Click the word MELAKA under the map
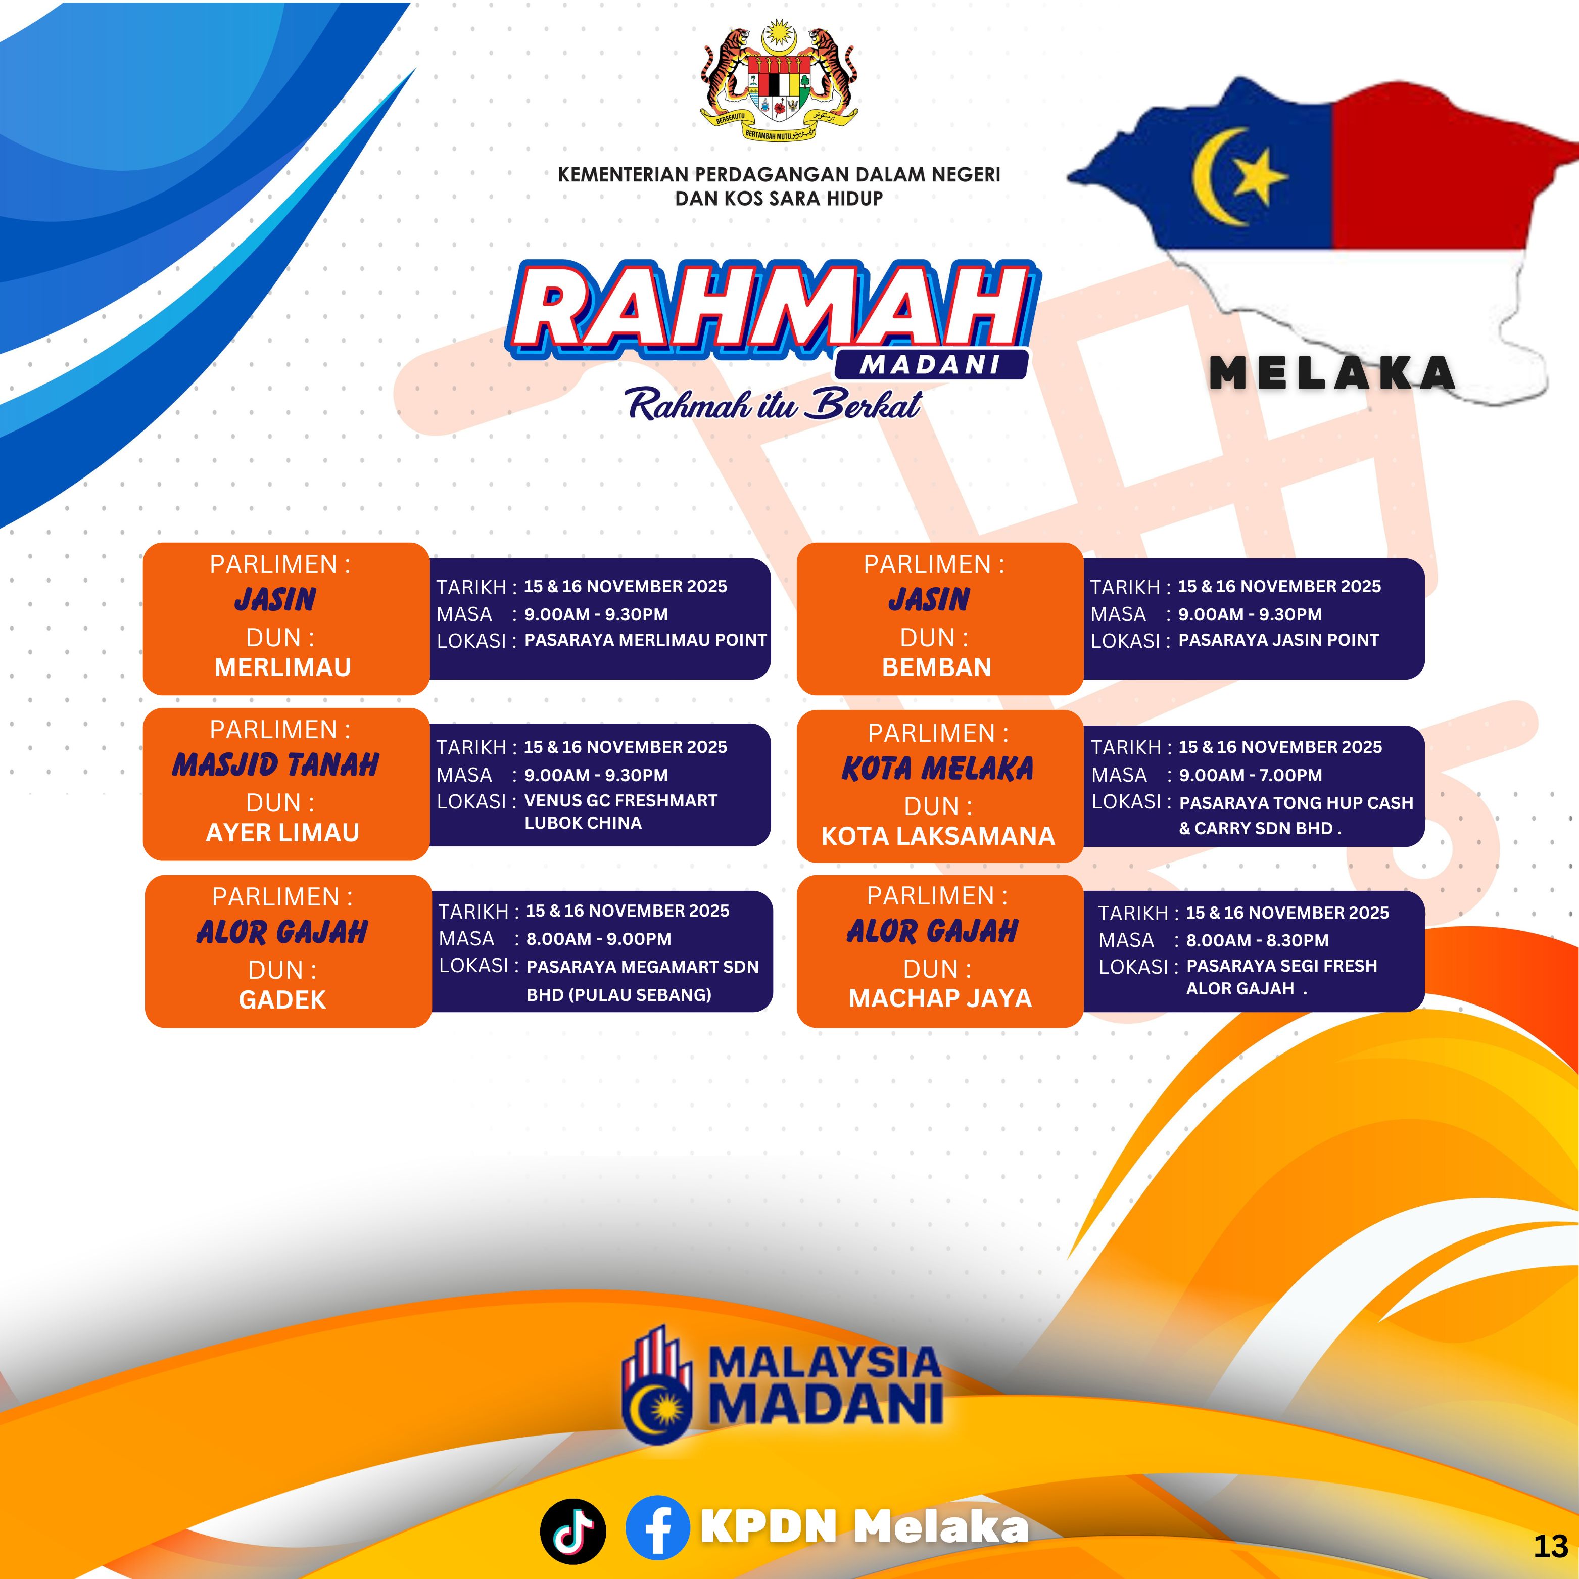[x=1332, y=373]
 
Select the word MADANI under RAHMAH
[x=930, y=365]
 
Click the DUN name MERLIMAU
[x=283, y=667]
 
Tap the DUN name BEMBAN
[x=937, y=667]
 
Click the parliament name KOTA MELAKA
[x=937, y=768]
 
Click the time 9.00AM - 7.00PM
[x=1251, y=775]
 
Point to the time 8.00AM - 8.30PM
[x=1258, y=941]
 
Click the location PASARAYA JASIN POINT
[x=1278, y=640]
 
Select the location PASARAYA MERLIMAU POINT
[x=646, y=640]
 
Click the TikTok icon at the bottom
[x=573, y=1531]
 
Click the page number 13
[x=1550, y=1546]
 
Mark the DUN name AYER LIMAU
[x=283, y=832]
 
